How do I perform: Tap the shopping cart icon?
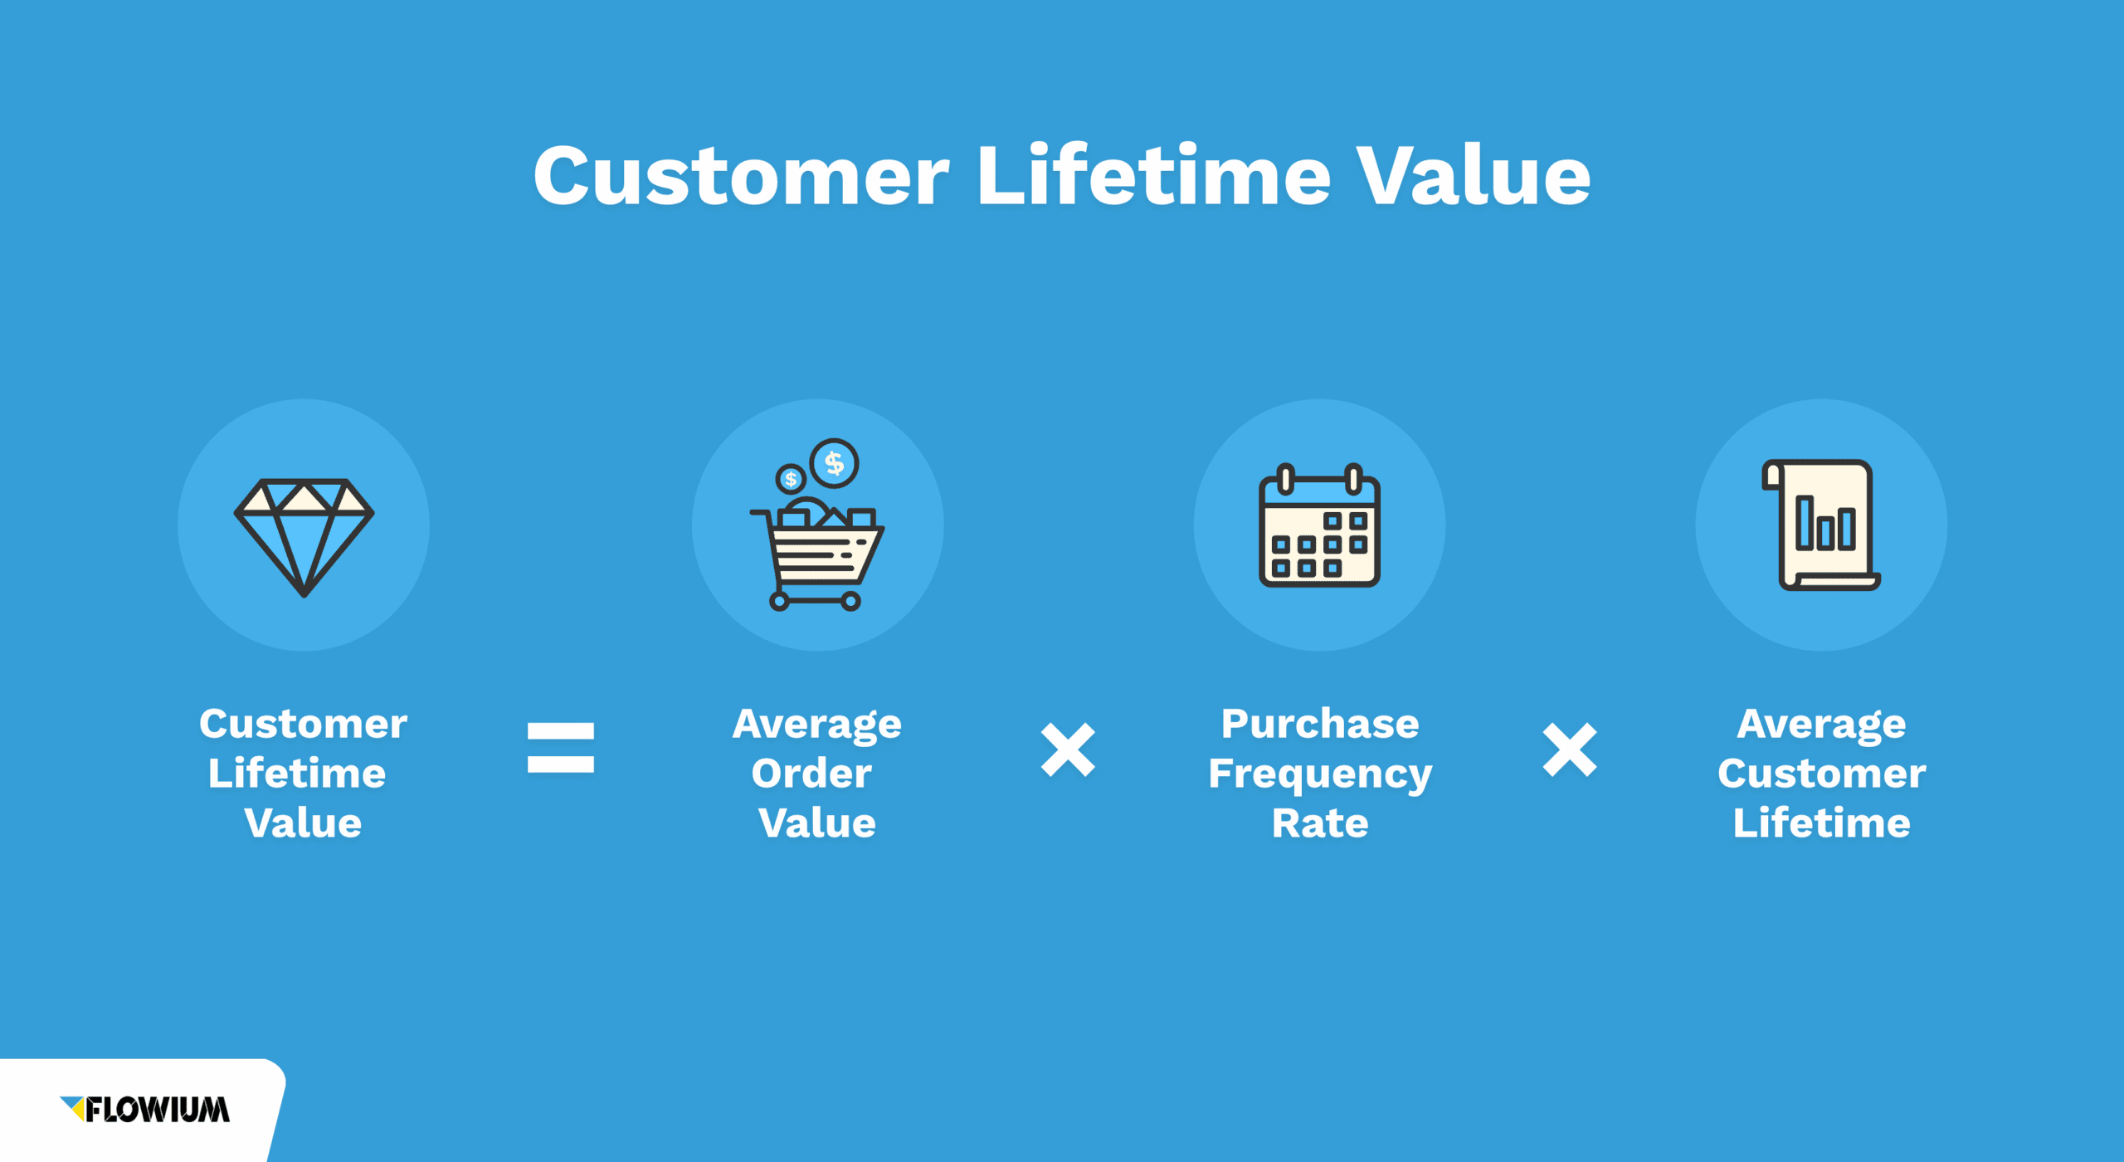tap(817, 525)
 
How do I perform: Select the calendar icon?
tap(1319, 525)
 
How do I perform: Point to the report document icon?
tap(1821, 525)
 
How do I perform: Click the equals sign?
tap(561, 748)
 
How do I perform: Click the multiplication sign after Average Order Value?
tap(1068, 749)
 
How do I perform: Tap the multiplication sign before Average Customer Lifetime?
tap(1570, 749)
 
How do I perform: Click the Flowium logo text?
tap(157, 1110)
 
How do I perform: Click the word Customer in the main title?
tap(741, 175)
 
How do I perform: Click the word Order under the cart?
tap(811, 774)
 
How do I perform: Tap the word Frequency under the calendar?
tap(1320, 776)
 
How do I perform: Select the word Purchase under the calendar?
tap(1320, 724)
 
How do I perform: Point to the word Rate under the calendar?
tap(1320, 823)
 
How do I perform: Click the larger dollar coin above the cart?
tap(835, 463)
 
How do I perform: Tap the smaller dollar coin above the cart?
tap(791, 479)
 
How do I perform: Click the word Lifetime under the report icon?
tap(1822, 823)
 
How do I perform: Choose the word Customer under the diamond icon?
tap(304, 724)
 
